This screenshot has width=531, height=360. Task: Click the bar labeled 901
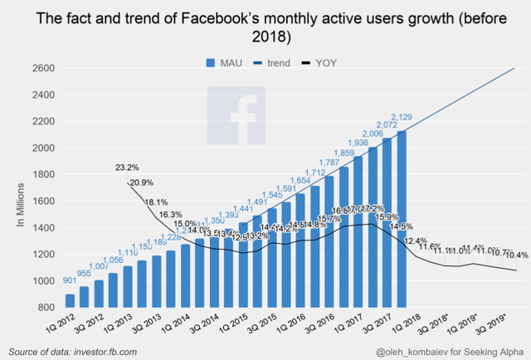(x=70, y=300)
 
